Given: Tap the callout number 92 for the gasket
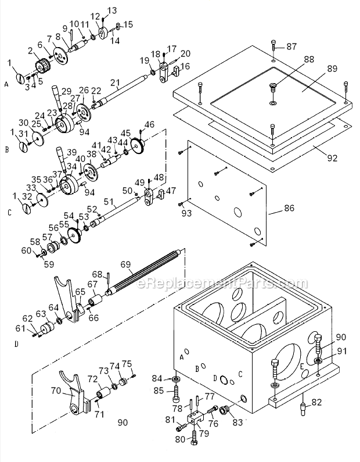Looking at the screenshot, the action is pyautogui.click(x=332, y=158).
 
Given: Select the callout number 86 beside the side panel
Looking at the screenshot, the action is pyautogui.click(x=289, y=208).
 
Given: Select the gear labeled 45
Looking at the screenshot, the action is pyautogui.click(x=138, y=145).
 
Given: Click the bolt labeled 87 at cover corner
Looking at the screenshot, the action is pyautogui.click(x=273, y=46).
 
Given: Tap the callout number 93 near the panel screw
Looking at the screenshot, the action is pyautogui.click(x=186, y=213).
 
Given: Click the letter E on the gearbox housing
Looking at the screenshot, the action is pyautogui.click(x=302, y=367).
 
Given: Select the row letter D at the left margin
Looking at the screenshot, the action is pyautogui.click(x=16, y=344).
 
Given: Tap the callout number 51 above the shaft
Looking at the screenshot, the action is pyautogui.click(x=109, y=202).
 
